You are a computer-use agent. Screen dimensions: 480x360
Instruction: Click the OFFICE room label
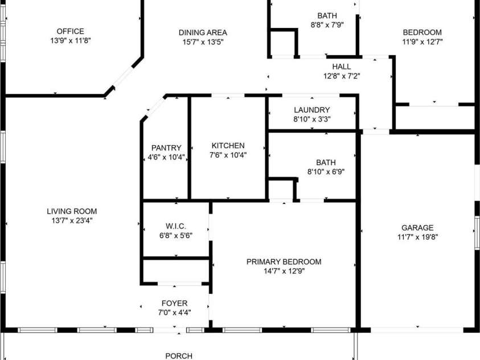[71, 31]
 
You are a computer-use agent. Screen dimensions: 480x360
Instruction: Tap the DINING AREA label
[203, 32]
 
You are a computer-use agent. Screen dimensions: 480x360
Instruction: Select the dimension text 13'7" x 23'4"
[72, 220]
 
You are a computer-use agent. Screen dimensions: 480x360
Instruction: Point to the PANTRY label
[166, 148]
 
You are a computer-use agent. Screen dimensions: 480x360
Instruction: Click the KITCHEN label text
[228, 146]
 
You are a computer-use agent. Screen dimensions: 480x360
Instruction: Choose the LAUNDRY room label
[312, 110]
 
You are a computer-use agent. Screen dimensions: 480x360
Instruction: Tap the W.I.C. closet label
[176, 226]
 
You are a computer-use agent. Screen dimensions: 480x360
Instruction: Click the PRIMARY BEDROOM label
[284, 261]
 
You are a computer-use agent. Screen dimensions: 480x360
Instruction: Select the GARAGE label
[417, 228]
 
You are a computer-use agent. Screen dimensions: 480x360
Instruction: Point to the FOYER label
[174, 304]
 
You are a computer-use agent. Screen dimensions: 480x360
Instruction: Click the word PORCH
[179, 356]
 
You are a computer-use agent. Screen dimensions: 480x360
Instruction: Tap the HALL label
[342, 67]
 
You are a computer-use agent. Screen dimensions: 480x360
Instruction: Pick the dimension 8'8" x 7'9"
[327, 25]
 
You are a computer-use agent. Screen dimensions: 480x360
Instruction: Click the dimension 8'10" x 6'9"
[326, 171]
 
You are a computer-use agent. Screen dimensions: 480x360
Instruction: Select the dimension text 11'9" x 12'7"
[422, 42]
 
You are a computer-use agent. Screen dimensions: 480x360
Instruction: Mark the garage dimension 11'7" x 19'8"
[417, 237]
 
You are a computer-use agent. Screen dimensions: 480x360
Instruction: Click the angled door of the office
[123, 77]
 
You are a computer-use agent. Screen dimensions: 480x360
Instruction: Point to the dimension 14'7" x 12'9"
[284, 271]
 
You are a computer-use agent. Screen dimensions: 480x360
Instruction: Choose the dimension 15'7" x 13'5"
[203, 42]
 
